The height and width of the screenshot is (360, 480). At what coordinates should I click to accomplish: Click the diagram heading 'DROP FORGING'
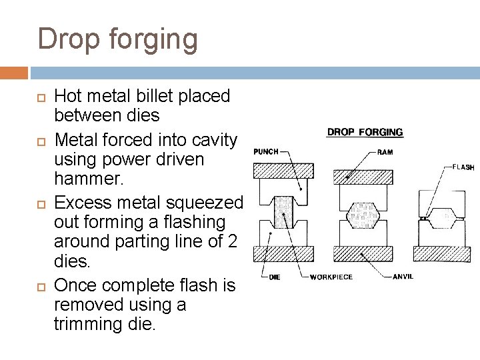(x=365, y=132)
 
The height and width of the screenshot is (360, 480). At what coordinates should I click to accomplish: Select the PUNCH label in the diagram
(x=265, y=152)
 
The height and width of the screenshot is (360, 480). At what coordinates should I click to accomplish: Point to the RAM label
(x=385, y=152)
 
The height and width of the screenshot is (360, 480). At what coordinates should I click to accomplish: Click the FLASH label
(x=463, y=167)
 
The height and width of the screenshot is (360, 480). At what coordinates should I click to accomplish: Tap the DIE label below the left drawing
(x=275, y=277)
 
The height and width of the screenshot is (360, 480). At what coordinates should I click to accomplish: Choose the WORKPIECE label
(x=331, y=277)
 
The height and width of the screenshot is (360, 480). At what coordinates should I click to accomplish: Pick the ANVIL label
(x=403, y=276)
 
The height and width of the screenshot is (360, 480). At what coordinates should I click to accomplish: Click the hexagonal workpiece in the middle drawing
(x=363, y=214)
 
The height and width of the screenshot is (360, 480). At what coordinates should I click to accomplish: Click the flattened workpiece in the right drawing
(x=442, y=217)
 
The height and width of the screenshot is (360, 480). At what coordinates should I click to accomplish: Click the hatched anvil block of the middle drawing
(x=363, y=253)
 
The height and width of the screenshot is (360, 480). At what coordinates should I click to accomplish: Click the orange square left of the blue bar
(x=14, y=73)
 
